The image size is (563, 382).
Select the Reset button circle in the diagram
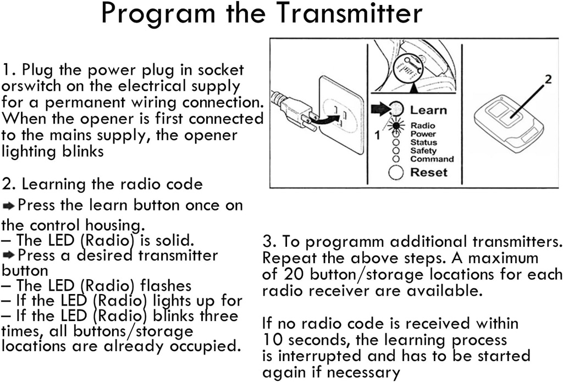click(396, 173)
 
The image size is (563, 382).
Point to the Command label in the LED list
click(432, 159)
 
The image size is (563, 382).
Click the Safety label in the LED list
click(423, 151)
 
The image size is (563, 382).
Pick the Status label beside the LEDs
click(423, 142)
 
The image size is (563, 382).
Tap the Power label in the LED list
click(423, 134)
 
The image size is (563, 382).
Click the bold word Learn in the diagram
click(428, 110)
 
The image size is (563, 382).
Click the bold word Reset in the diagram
click(429, 173)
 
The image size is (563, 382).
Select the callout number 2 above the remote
click(548, 80)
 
